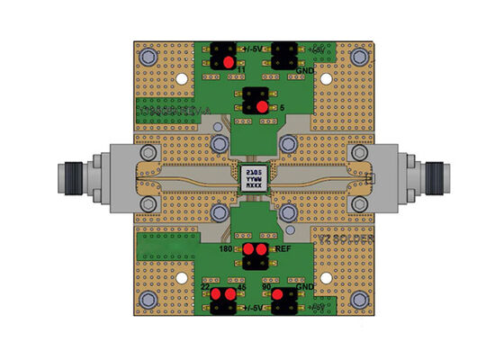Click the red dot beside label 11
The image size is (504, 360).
pyautogui.click(x=228, y=62)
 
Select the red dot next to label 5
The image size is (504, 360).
pyautogui.click(x=262, y=106)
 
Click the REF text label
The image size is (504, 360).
pyautogui.click(x=281, y=248)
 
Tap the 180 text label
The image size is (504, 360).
pyautogui.click(x=229, y=248)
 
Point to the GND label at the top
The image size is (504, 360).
pyautogui.click(x=304, y=70)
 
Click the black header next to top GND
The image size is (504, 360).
pyautogui.click(x=285, y=55)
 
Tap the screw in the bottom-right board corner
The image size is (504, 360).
pyautogui.click(x=360, y=297)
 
